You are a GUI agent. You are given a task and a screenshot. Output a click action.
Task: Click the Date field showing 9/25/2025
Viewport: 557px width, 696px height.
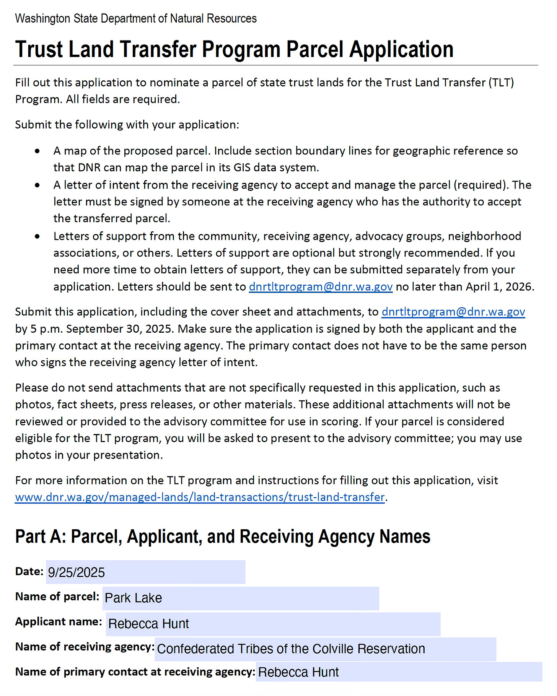pos(145,572)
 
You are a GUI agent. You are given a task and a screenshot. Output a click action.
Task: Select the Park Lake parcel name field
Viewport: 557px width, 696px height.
pos(241,598)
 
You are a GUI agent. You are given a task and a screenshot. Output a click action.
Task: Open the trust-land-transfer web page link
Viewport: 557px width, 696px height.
pos(200,497)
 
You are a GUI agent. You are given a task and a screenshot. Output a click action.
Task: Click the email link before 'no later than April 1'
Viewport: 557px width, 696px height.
pos(321,287)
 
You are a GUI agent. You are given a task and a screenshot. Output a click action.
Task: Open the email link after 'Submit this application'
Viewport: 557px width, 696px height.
pos(453,312)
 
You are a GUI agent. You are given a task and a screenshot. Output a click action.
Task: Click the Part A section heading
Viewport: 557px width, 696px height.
pos(223,537)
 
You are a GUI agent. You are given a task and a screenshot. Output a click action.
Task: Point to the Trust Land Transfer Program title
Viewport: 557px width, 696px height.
pos(234,50)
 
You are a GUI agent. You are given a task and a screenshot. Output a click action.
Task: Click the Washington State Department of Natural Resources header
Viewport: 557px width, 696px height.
pos(136,19)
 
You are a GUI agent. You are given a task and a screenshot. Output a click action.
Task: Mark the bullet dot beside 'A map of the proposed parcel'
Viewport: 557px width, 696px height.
pos(37,151)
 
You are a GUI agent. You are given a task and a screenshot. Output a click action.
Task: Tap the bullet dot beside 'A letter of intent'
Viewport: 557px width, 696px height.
pos(37,185)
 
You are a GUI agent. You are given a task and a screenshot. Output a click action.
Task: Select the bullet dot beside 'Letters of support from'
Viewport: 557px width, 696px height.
pos(37,237)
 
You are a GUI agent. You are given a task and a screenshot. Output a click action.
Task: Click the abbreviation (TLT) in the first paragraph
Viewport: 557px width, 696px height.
pos(501,83)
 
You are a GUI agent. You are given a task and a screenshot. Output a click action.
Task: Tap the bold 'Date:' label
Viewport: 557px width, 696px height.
pos(29,571)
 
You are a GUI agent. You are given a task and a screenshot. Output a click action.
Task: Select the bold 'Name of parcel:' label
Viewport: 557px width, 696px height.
pos(57,597)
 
